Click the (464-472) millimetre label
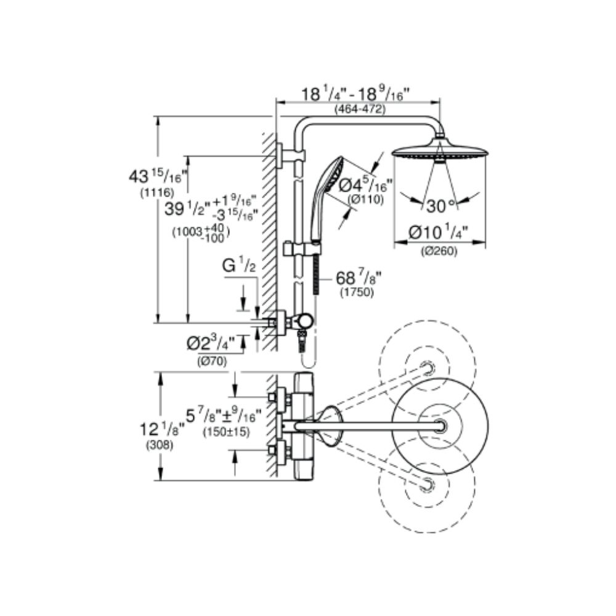click(360, 109)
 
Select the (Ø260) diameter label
click(440, 251)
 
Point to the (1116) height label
click(156, 192)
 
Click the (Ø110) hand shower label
click(366, 200)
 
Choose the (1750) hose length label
click(357, 292)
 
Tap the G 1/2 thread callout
click(239, 266)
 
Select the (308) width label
click(160, 445)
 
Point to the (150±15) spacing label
click(226, 432)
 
